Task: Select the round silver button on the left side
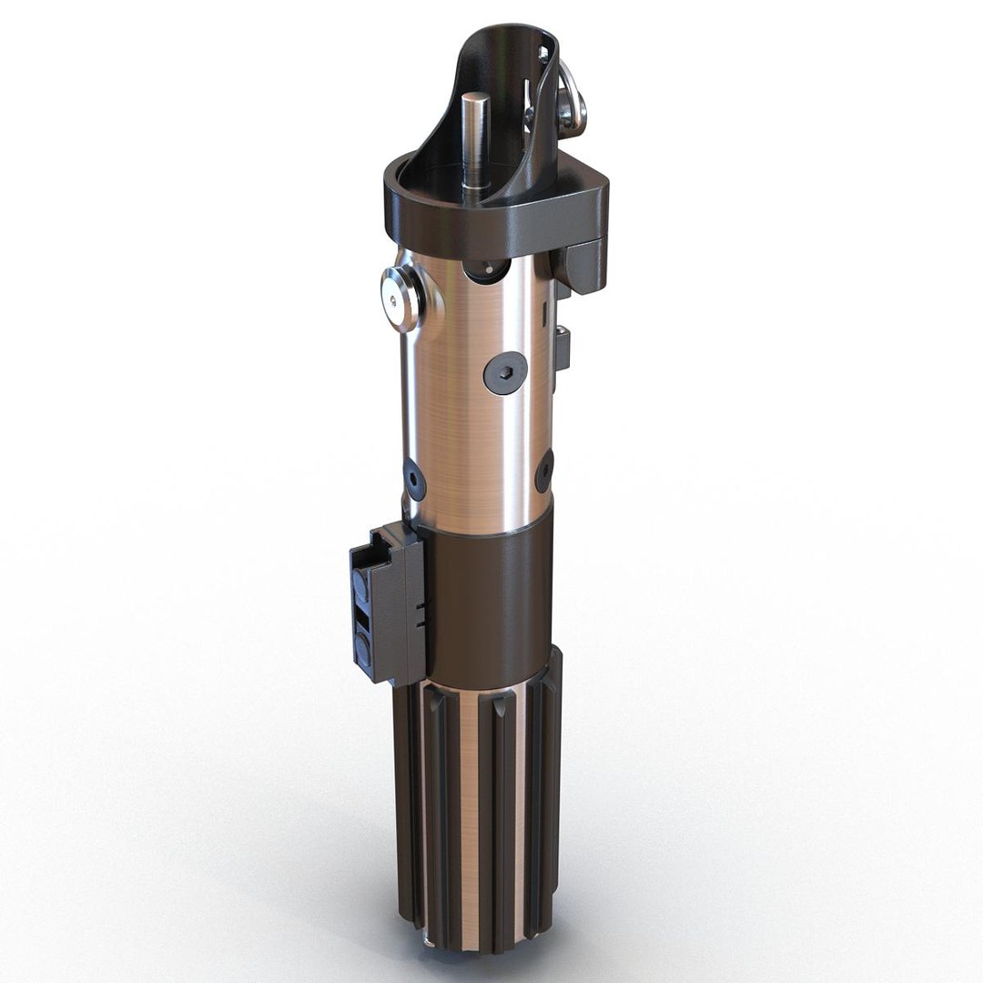coord(399,298)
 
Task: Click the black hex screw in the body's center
coord(505,372)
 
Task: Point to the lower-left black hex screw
coord(414,479)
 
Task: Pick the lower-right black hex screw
coord(544,471)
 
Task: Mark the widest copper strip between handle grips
coord(470,810)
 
